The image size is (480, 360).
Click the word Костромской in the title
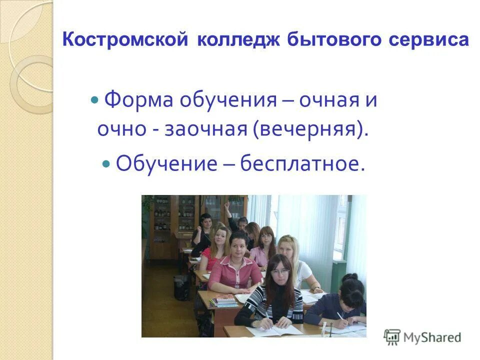click(124, 40)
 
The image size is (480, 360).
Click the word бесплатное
click(299, 163)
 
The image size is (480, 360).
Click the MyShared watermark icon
click(392, 337)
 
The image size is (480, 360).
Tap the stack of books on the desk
click(224, 300)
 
